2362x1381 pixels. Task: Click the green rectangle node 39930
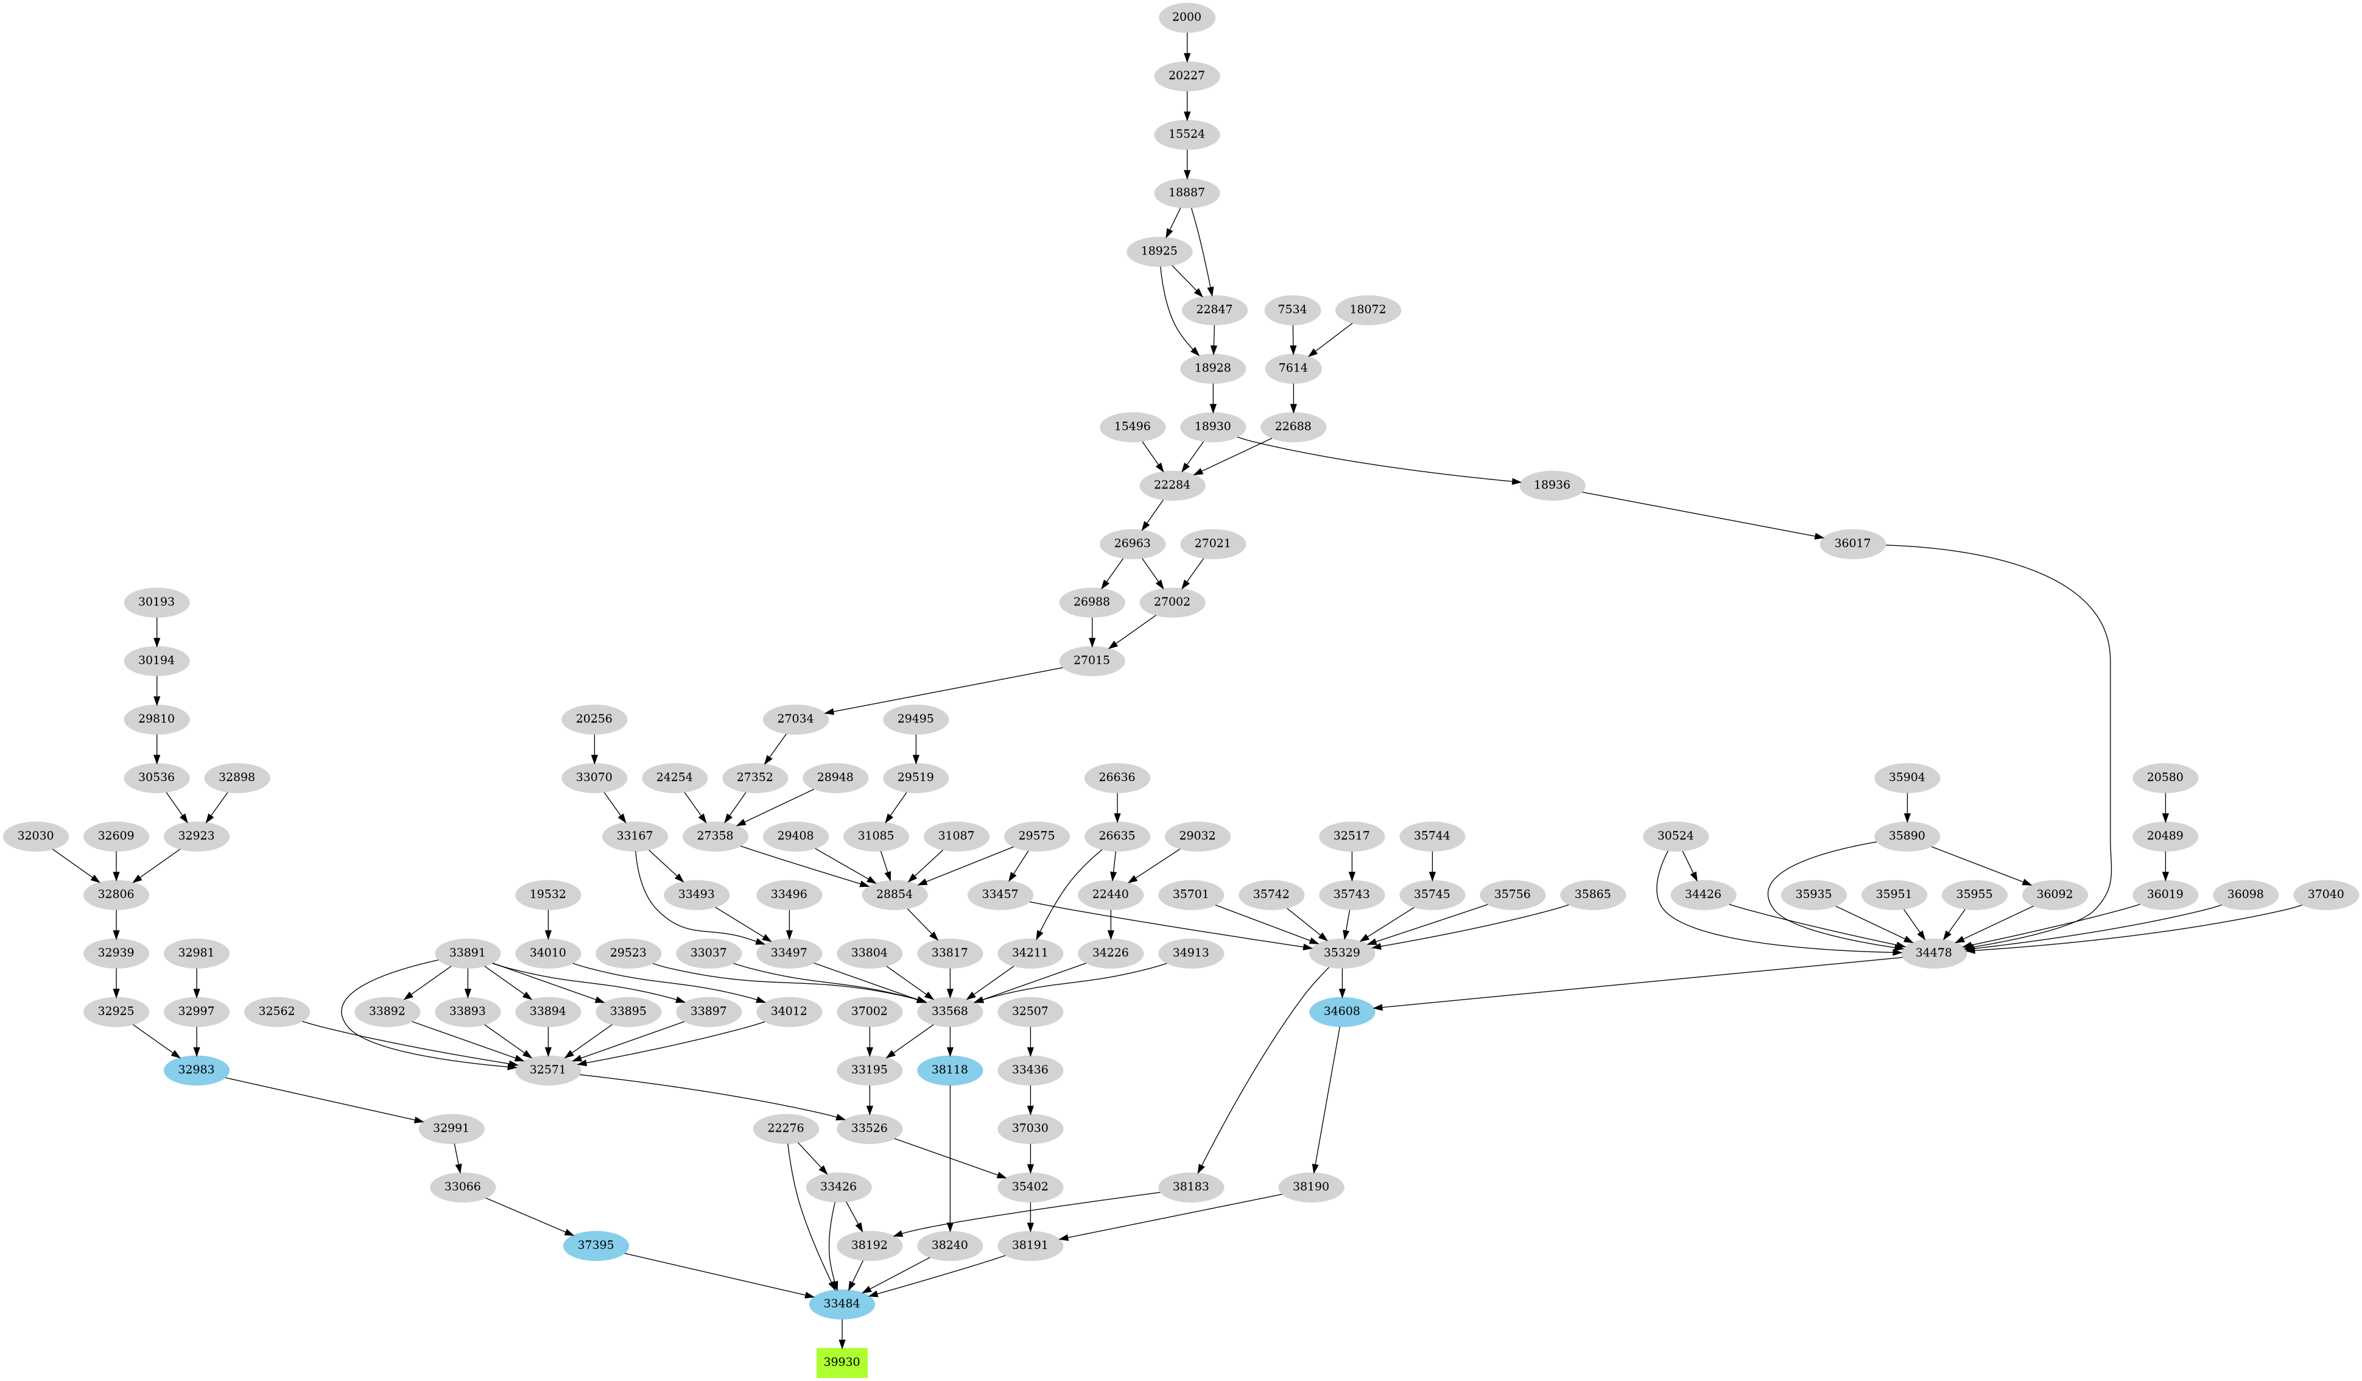pos(841,1362)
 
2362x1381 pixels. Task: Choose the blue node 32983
pos(196,1069)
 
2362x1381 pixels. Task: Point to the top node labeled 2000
pos(1187,17)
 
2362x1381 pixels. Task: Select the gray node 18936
pos(1552,485)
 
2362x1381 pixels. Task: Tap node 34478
pos(1934,953)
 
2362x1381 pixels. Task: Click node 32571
pos(547,1069)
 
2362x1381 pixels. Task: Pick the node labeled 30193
pos(156,602)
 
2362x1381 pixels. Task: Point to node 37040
pos(2325,894)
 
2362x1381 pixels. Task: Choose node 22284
pos(1172,485)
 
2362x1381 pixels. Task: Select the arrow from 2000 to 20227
pos(1187,46)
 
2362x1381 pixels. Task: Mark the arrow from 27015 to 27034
pos(947,690)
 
